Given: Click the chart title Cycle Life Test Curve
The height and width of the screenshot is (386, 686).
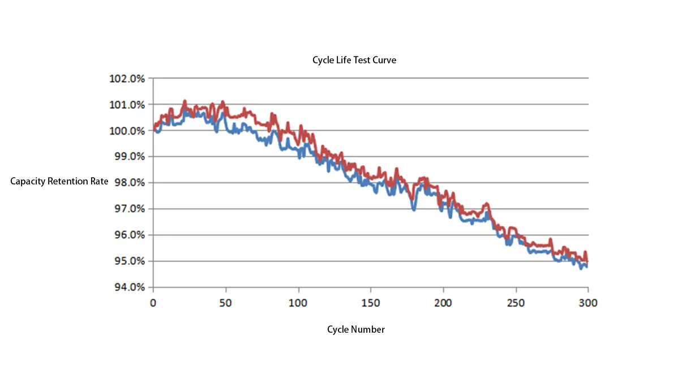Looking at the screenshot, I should tap(354, 60).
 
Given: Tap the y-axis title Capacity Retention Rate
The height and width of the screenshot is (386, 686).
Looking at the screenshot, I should tap(59, 182).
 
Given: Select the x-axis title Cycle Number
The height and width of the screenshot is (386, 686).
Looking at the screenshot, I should tap(356, 329).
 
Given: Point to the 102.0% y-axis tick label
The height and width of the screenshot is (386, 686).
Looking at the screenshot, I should tap(127, 79).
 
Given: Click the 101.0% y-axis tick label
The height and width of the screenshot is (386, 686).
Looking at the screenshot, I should tap(127, 105).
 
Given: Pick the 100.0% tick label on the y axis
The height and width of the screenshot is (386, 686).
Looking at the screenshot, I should tap(127, 131).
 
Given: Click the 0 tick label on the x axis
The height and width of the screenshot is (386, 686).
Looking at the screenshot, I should tap(153, 303).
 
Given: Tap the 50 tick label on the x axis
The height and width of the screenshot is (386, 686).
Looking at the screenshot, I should tap(225, 303).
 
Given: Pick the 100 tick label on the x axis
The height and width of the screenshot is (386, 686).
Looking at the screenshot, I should tap(298, 303).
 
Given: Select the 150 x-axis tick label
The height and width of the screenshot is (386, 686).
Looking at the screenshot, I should tap(370, 303).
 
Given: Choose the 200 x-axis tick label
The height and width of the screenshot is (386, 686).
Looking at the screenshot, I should tap(443, 303).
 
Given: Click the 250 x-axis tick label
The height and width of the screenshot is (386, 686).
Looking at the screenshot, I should tap(516, 303).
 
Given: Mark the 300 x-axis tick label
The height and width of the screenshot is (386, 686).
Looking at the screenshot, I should tap(588, 303).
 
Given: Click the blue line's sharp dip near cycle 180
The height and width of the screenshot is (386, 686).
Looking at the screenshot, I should tap(414, 209).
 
